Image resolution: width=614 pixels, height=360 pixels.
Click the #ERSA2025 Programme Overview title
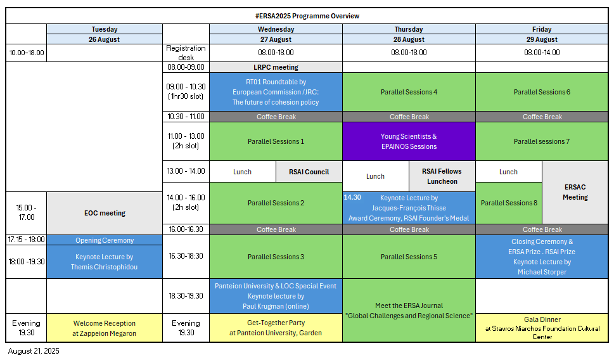307,16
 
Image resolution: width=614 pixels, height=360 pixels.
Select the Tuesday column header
105,29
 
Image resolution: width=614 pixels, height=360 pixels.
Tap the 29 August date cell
542,39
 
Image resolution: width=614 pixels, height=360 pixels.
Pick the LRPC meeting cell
276,67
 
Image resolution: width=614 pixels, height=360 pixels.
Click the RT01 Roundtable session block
276,92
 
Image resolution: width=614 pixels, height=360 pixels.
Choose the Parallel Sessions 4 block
409,92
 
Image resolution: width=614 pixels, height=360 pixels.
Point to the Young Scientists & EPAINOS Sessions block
409,141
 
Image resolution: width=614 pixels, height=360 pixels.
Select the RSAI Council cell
309,172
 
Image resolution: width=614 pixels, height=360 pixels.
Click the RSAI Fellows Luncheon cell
442,176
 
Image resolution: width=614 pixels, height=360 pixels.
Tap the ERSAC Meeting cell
575,192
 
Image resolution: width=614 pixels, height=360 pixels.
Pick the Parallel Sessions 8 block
509,203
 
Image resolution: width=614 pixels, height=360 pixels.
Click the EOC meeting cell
105,213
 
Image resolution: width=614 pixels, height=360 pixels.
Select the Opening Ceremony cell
105,240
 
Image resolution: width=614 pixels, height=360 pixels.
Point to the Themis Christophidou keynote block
105,262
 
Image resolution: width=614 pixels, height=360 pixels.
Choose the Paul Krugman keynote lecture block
276,296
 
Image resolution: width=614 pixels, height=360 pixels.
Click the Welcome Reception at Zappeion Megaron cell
105,328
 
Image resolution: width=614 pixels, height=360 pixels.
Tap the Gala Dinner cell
542,328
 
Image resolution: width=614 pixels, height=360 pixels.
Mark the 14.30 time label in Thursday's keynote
352,198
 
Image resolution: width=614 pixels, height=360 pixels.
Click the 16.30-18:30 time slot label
186,256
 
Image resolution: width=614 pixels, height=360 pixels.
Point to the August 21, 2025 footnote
34,351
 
